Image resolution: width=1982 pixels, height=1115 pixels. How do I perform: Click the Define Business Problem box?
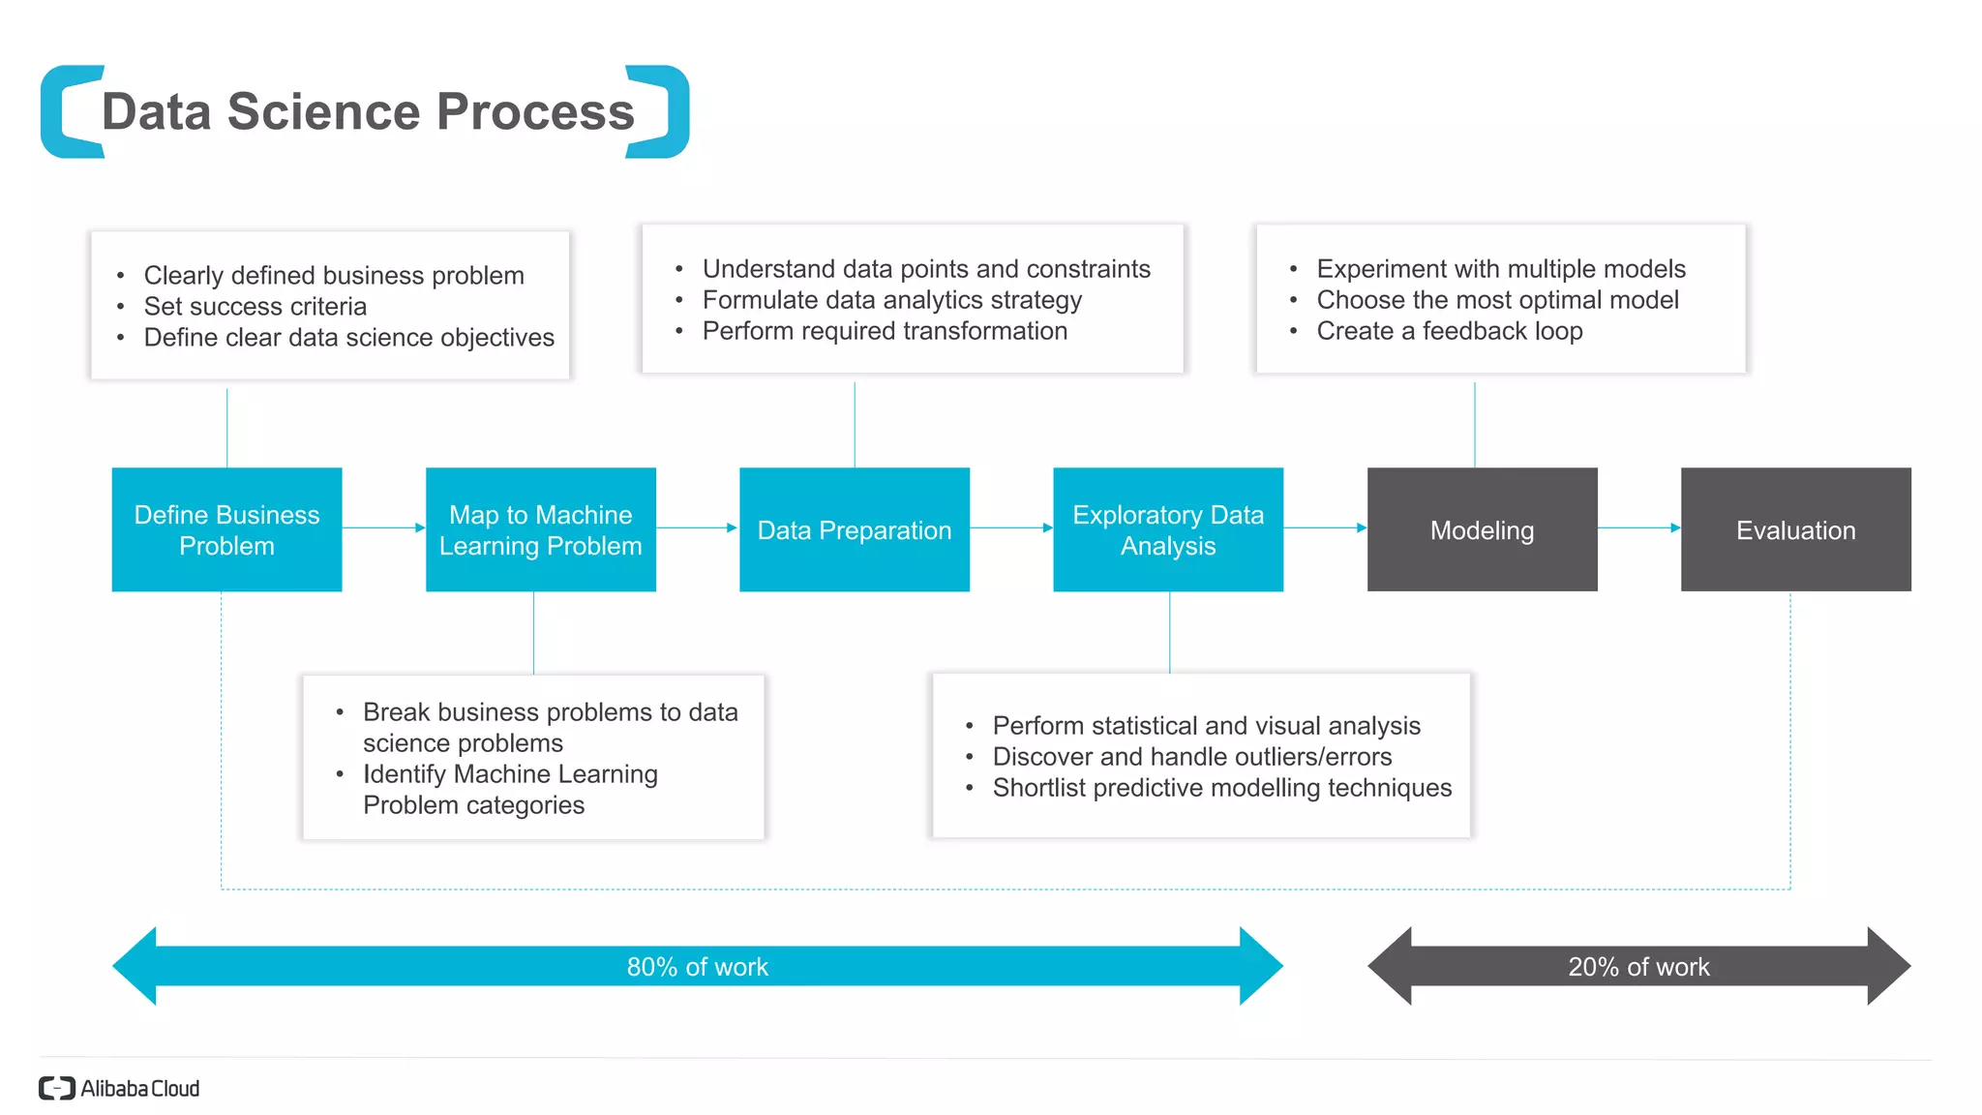tap(226, 529)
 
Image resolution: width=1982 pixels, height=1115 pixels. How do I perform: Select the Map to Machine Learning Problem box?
tap(540, 529)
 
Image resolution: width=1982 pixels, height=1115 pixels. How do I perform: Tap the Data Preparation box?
tap(854, 529)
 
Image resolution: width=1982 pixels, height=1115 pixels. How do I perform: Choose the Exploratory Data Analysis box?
tap(1167, 529)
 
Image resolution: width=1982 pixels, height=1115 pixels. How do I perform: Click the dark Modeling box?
tap(1481, 529)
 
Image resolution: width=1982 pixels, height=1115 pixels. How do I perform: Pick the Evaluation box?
tap(1795, 529)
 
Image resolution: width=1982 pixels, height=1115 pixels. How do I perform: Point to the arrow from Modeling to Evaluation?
tap(1638, 527)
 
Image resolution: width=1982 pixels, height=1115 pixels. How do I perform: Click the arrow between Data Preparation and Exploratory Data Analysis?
tap(1010, 527)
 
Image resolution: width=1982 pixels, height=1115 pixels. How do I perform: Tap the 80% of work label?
tap(697, 967)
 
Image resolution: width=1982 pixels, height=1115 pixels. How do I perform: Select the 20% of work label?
tap(1638, 967)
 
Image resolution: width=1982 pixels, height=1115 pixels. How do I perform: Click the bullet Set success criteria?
tap(255, 307)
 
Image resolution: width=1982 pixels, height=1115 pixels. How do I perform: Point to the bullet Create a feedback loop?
tap(1449, 331)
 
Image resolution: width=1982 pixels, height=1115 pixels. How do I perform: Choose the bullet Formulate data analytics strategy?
tap(891, 300)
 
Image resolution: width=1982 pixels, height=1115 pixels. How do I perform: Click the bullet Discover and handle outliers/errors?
tap(1191, 757)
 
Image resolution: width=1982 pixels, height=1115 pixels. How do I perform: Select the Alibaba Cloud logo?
tap(119, 1088)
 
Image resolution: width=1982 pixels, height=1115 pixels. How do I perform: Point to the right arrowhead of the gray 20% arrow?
tap(1888, 966)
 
